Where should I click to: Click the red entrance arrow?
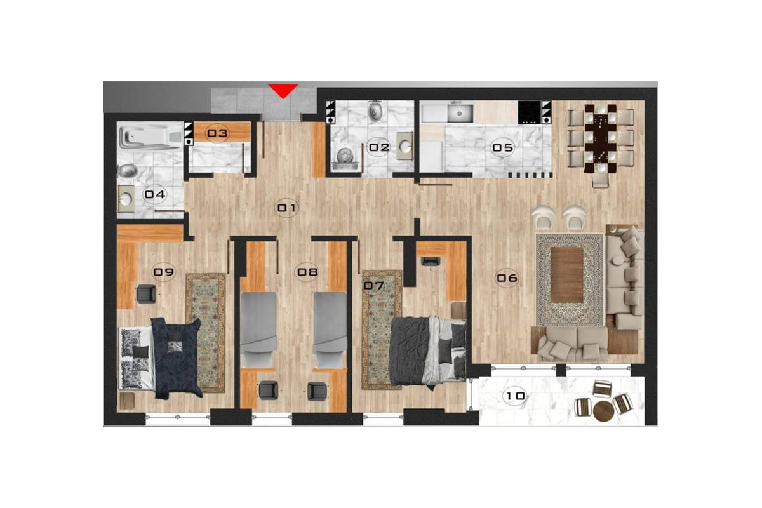(x=283, y=91)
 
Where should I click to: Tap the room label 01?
(x=286, y=208)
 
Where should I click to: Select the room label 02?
(x=379, y=148)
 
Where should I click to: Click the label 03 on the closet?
(x=218, y=133)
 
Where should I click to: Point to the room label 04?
(x=156, y=194)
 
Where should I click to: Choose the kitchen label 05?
(x=502, y=149)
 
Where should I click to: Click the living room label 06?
(x=507, y=277)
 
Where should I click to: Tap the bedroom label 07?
(x=374, y=286)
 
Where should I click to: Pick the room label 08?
(x=307, y=272)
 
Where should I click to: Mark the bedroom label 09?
(x=164, y=272)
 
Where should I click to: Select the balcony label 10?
(x=515, y=397)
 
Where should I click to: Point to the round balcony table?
(x=604, y=410)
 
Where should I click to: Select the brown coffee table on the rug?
(x=566, y=275)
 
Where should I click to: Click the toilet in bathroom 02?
(x=375, y=113)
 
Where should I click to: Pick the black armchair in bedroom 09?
(x=146, y=293)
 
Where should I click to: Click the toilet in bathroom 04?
(x=128, y=171)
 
